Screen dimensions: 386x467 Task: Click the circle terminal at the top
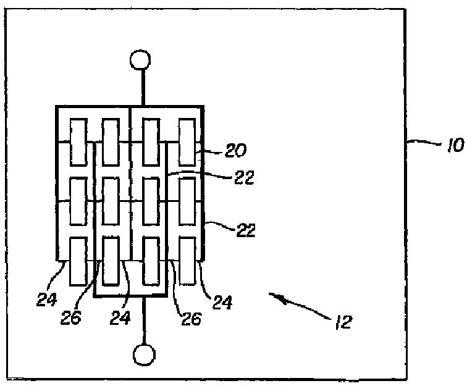[140, 61]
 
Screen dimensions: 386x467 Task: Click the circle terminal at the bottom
[145, 355]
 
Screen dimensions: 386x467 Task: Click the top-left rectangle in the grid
[78, 142]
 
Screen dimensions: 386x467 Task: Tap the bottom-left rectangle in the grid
[78, 261]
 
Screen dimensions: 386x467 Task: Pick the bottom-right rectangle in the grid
[187, 261]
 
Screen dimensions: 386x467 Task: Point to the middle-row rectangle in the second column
[111, 201]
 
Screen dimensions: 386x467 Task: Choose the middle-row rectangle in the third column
[151, 201]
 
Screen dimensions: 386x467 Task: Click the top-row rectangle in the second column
[111, 143]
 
